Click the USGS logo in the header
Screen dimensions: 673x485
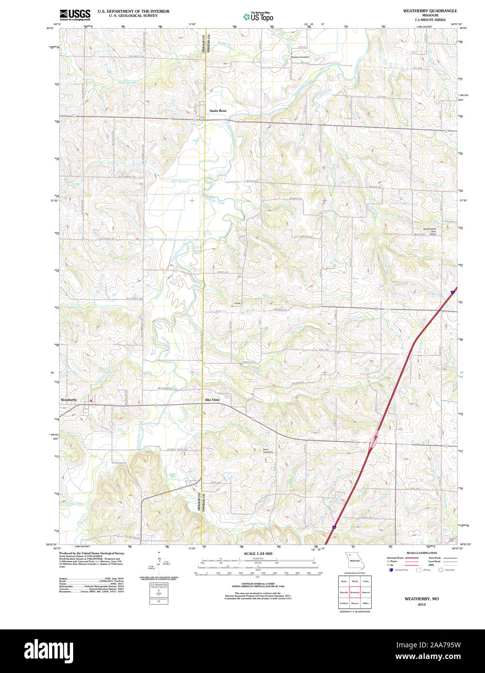tap(75, 15)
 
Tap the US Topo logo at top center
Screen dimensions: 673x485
tap(259, 16)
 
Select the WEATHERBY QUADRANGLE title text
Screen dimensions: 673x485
tap(426, 10)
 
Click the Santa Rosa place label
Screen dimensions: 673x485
tap(218, 111)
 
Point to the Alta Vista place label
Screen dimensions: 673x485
tap(212, 400)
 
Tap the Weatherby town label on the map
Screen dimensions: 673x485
tap(69, 400)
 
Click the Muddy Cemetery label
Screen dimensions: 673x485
tap(300, 57)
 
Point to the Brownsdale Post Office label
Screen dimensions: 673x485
tap(430, 231)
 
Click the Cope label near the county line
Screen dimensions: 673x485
tap(237, 304)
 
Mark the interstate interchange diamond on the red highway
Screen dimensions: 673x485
tap(374, 442)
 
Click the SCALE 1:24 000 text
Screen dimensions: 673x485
tap(258, 553)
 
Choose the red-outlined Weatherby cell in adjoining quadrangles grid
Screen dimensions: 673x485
tap(355, 592)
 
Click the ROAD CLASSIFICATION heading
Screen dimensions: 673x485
tap(421, 553)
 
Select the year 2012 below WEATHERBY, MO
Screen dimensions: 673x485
tap(422, 604)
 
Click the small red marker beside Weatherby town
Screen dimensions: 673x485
tap(91, 400)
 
